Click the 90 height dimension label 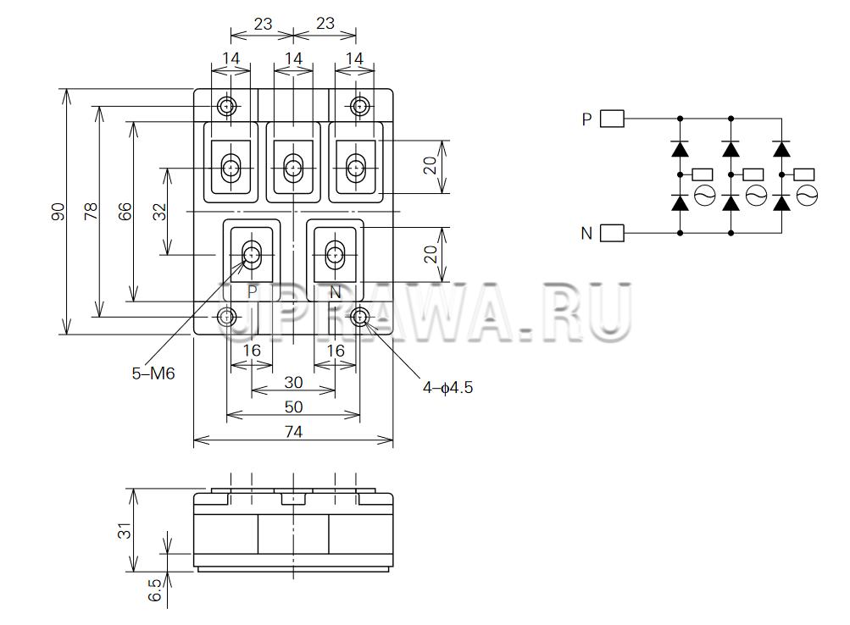(x=58, y=212)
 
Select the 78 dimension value (x=91, y=212)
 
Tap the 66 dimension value (x=125, y=212)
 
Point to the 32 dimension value (x=159, y=212)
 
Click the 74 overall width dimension (x=292, y=432)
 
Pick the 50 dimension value (x=292, y=407)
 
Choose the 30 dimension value (x=292, y=382)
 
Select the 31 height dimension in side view (x=125, y=531)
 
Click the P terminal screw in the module (x=252, y=254)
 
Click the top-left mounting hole (x=227, y=106)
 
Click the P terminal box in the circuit (x=612, y=119)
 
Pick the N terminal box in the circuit (x=612, y=232)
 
